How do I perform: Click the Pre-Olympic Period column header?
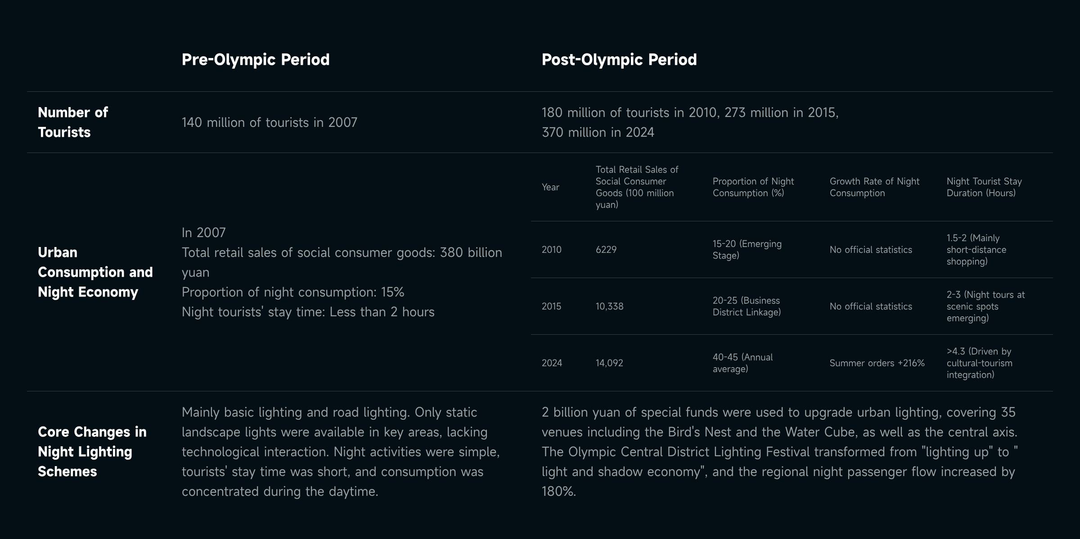[x=255, y=59]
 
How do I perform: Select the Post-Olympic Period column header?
[x=619, y=59]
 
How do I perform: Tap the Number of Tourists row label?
[x=73, y=122]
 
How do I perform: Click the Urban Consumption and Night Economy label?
[x=95, y=272]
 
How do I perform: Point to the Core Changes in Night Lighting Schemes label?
[x=92, y=451]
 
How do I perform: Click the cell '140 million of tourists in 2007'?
[x=269, y=122]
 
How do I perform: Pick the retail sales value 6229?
[x=606, y=250]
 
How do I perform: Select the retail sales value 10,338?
[x=609, y=306]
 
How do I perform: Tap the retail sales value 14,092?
[x=609, y=363]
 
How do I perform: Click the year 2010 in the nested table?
[x=551, y=250]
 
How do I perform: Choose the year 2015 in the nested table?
[x=551, y=306]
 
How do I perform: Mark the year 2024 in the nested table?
[x=552, y=363]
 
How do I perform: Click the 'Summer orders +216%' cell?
[x=877, y=363]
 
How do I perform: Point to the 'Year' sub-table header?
[x=550, y=187]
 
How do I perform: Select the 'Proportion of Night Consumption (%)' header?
[x=753, y=187]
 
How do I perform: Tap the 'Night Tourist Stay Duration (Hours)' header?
[x=984, y=187]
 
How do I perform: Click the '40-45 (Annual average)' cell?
[x=742, y=363]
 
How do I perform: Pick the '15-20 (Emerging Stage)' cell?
[x=747, y=250]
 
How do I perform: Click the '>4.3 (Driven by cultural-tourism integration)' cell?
[x=979, y=363]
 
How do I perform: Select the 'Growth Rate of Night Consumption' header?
[x=874, y=187]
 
